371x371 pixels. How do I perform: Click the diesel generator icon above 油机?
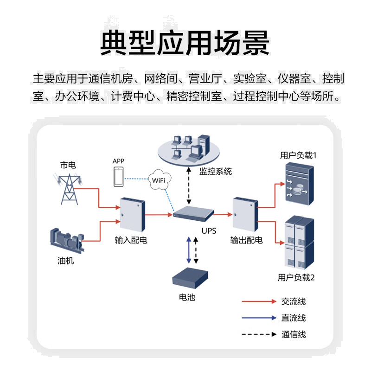tap(66, 239)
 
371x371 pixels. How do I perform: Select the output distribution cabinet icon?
tap(244, 215)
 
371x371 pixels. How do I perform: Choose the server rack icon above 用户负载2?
tap(298, 243)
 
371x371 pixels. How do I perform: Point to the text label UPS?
tap(209, 230)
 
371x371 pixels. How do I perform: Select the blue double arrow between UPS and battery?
tap(188, 250)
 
